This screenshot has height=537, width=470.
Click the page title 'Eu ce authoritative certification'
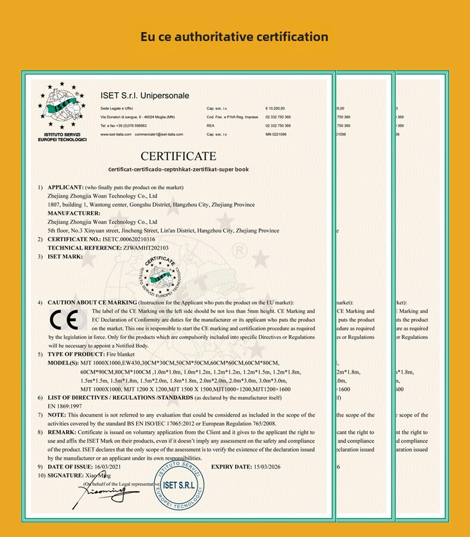[x=234, y=37]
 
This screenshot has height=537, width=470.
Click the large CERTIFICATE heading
[x=178, y=156]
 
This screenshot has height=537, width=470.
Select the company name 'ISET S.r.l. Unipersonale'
[x=145, y=96]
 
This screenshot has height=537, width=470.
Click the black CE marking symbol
[x=64, y=321]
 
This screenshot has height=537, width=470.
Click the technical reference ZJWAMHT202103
[x=146, y=248]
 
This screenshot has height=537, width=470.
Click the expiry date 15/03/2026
[x=265, y=467]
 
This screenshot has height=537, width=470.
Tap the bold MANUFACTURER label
[x=74, y=213]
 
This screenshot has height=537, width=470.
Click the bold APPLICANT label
[x=66, y=187]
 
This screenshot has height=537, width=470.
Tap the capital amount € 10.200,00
[x=275, y=109]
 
